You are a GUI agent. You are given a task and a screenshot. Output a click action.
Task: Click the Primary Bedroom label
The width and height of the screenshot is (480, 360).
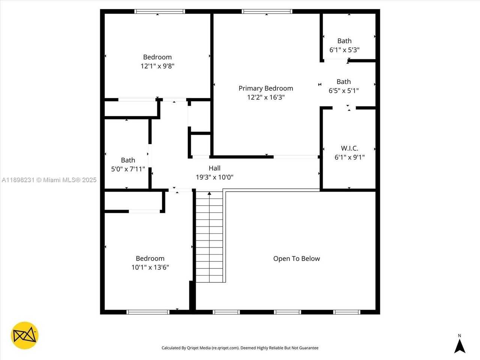(x=265, y=88)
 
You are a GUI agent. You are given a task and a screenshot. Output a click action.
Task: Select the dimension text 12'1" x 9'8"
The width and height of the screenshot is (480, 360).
(x=157, y=66)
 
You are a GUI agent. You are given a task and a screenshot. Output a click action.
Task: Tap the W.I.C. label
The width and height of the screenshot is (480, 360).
(x=349, y=148)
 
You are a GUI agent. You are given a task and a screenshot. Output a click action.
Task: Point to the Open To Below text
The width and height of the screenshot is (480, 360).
(x=296, y=259)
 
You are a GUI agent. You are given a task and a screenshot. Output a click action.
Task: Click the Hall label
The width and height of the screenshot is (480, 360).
(x=214, y=168)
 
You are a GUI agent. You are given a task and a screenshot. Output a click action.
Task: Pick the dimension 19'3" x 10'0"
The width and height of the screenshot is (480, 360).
(x=214, y=177)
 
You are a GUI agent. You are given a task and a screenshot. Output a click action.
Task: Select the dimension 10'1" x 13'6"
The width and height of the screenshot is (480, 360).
(x=150, y=267)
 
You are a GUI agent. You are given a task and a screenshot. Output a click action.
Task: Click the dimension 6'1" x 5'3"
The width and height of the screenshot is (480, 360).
(x=344, y=50)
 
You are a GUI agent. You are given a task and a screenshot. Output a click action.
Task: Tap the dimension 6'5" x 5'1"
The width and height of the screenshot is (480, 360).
(x=343, y=91)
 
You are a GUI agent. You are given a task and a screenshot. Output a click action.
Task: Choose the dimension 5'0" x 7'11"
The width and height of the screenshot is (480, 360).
(x=128, y=169)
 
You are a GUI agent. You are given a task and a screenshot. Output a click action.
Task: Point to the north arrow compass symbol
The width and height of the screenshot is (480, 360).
(x=459, y=345)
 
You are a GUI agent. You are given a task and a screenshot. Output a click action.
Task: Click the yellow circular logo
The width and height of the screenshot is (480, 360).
(x=24, y=335)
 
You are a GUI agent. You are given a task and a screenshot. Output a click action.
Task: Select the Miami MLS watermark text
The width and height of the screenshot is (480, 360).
(x=49, y=180)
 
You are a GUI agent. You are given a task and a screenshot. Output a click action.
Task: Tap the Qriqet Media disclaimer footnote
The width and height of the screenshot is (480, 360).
(x=240, y=348)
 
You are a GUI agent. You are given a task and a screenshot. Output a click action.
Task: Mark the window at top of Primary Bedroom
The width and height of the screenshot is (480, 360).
(x=267, y=12)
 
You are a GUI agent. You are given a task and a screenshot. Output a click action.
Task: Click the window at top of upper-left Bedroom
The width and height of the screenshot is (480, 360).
(x=160, y=12)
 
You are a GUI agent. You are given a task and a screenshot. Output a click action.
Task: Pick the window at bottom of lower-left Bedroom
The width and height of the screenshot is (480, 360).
(x=148, y=312)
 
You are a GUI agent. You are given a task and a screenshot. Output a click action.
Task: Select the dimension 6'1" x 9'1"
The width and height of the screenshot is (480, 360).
(x=349, y=157)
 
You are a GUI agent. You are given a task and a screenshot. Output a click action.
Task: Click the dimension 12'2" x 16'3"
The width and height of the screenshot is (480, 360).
(x=265, y=97)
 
